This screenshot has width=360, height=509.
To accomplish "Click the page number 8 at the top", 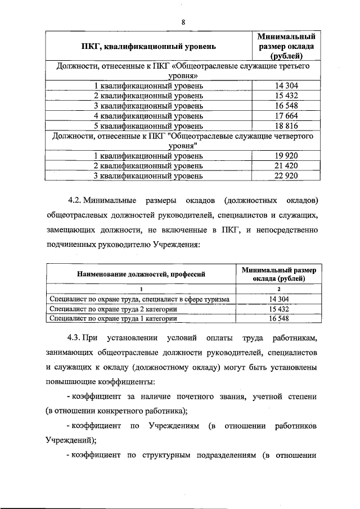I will click(x=183, y=22).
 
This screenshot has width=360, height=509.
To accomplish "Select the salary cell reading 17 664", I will click(x=283, y=116).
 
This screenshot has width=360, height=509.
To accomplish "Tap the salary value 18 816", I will click(x=283, y=126).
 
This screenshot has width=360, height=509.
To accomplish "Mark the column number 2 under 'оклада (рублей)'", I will click(x=279, y=289).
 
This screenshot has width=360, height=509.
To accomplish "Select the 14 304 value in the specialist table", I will click(x=279, y=299).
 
